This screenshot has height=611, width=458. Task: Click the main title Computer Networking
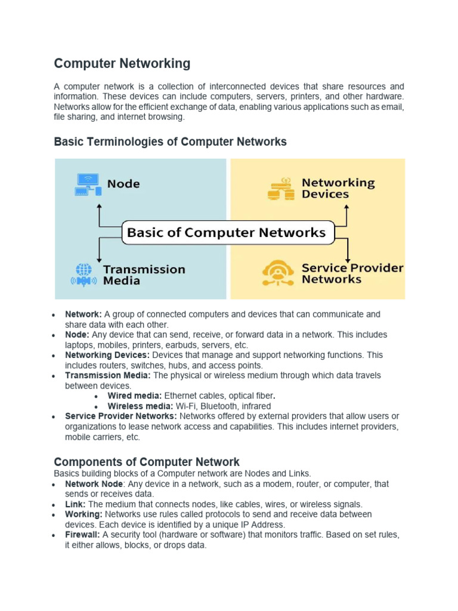122,63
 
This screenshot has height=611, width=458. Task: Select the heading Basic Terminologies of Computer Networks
170,142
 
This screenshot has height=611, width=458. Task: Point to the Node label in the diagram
123,184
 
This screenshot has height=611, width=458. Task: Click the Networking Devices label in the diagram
338,189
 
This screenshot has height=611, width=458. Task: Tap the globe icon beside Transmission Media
84,274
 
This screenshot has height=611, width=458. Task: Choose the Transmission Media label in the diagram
144,274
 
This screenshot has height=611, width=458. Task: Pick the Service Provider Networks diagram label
352,273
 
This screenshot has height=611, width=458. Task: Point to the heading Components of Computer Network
147,462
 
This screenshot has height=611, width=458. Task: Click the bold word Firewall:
83,535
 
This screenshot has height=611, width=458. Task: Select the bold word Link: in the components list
75,504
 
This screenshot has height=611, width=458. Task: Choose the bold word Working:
83,514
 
